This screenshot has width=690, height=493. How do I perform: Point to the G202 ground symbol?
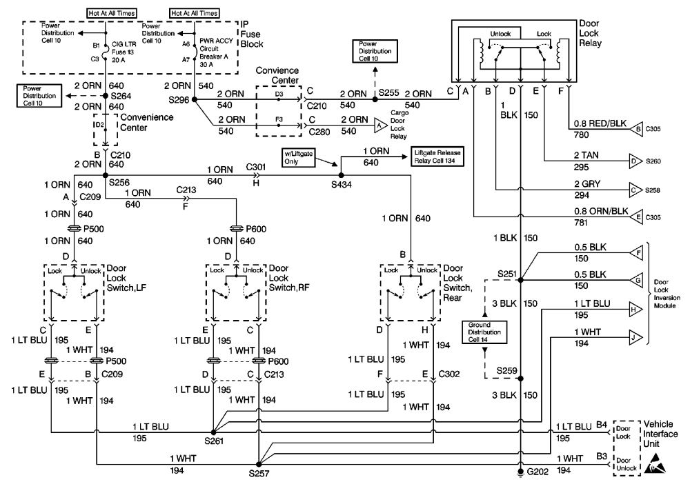click(x=522, y=472)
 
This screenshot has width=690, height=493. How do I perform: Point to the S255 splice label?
click(x=390, y=92)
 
